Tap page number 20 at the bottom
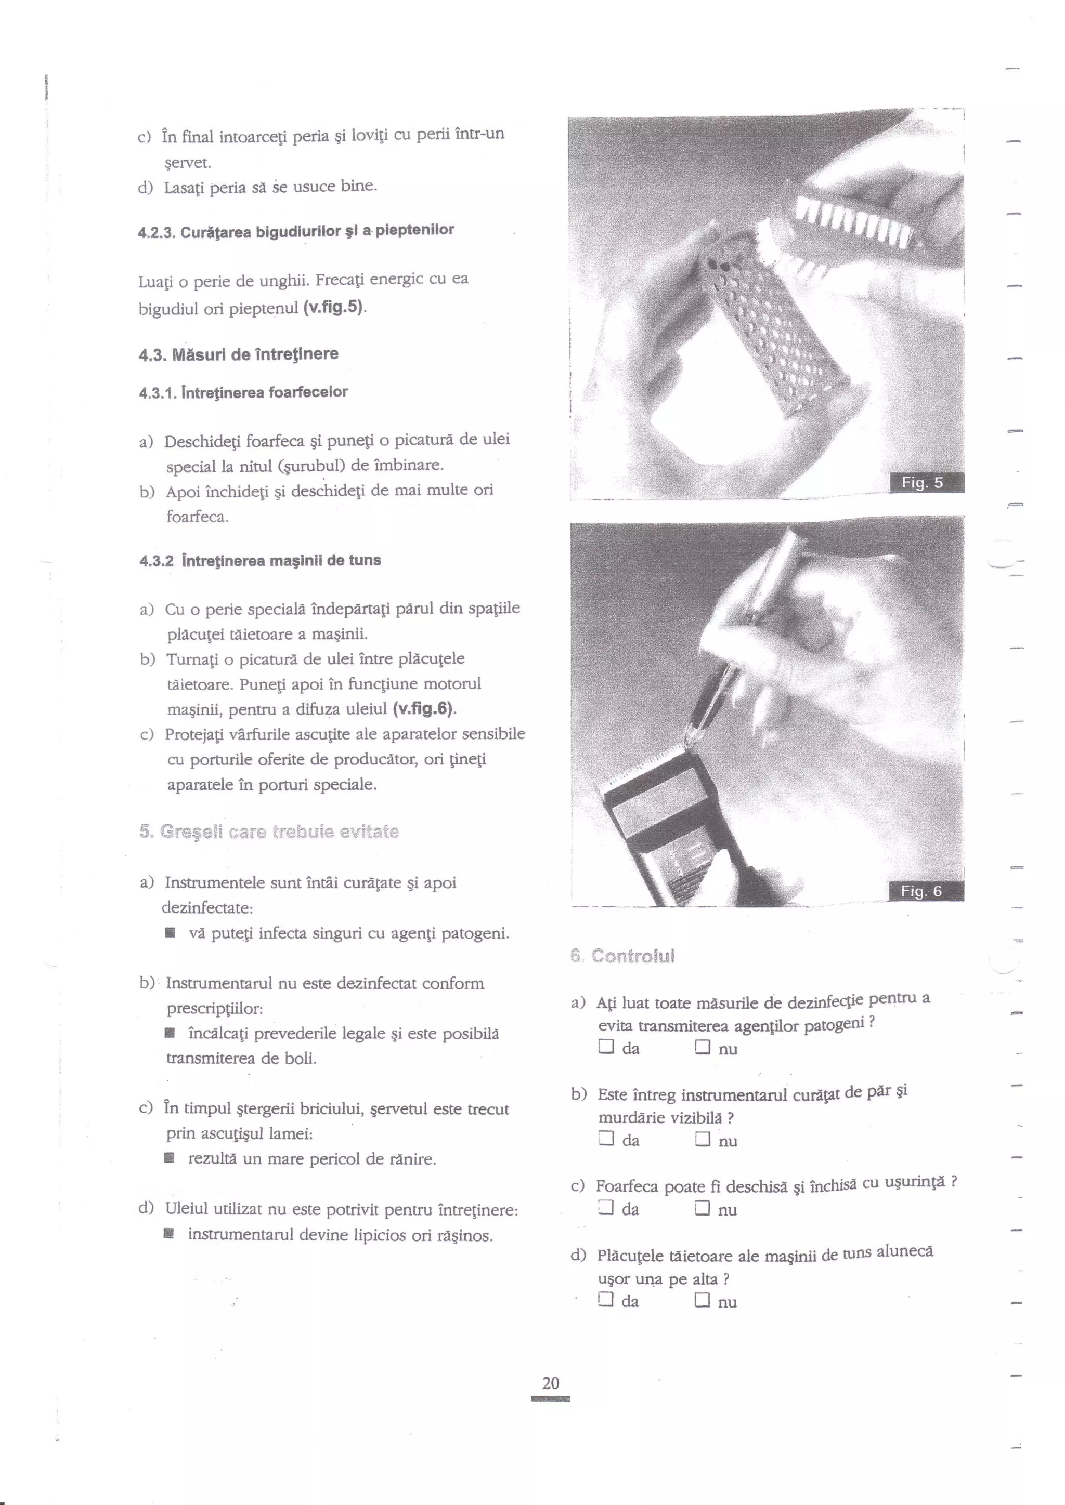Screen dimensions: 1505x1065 [x=551, y=1383]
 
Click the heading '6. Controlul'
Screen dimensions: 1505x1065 [x=622, y=956]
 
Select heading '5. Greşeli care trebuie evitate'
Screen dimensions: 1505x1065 [x=269, y=832]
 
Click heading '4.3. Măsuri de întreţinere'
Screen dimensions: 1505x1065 [x=239, y=354]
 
